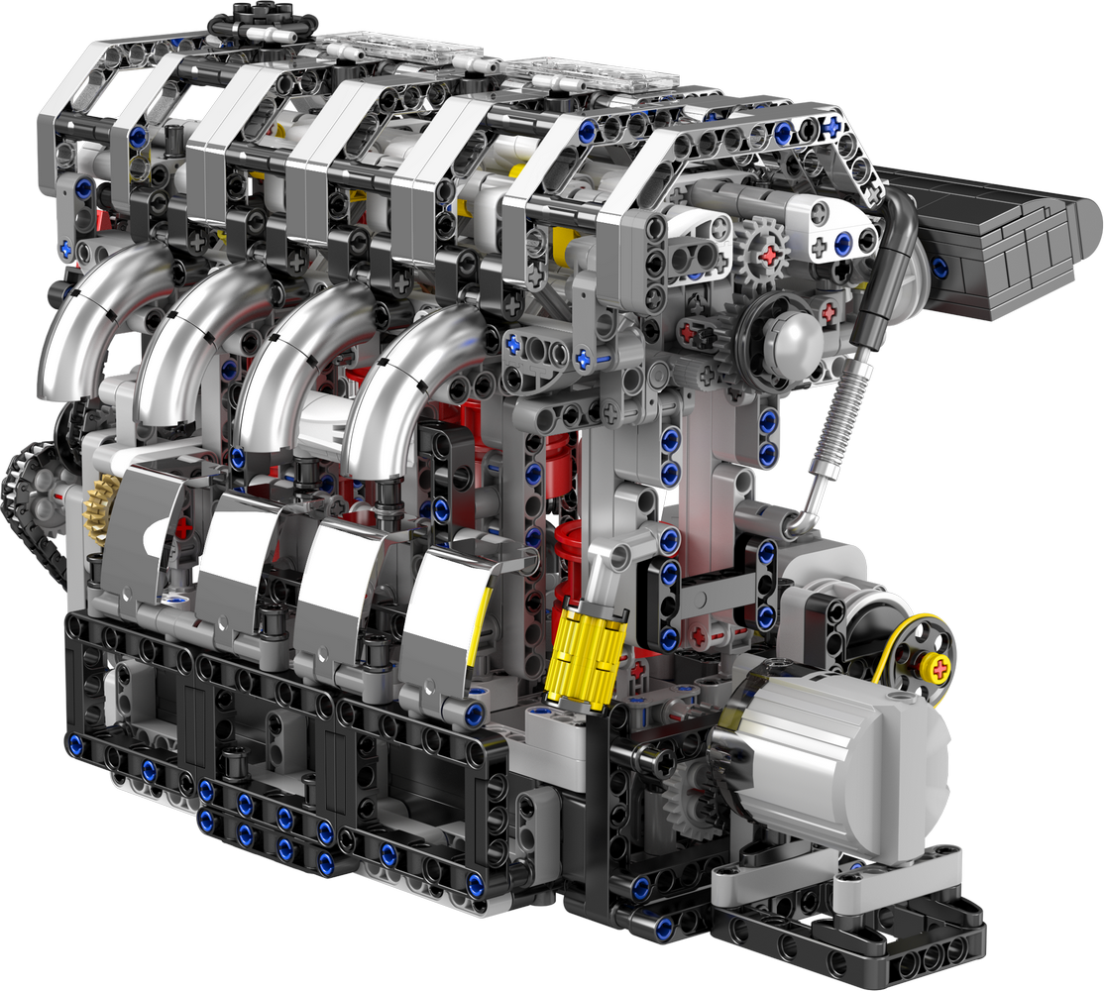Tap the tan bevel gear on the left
[100, 506]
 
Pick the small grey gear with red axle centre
[763, 254]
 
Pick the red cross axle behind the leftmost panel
[184, 528]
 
